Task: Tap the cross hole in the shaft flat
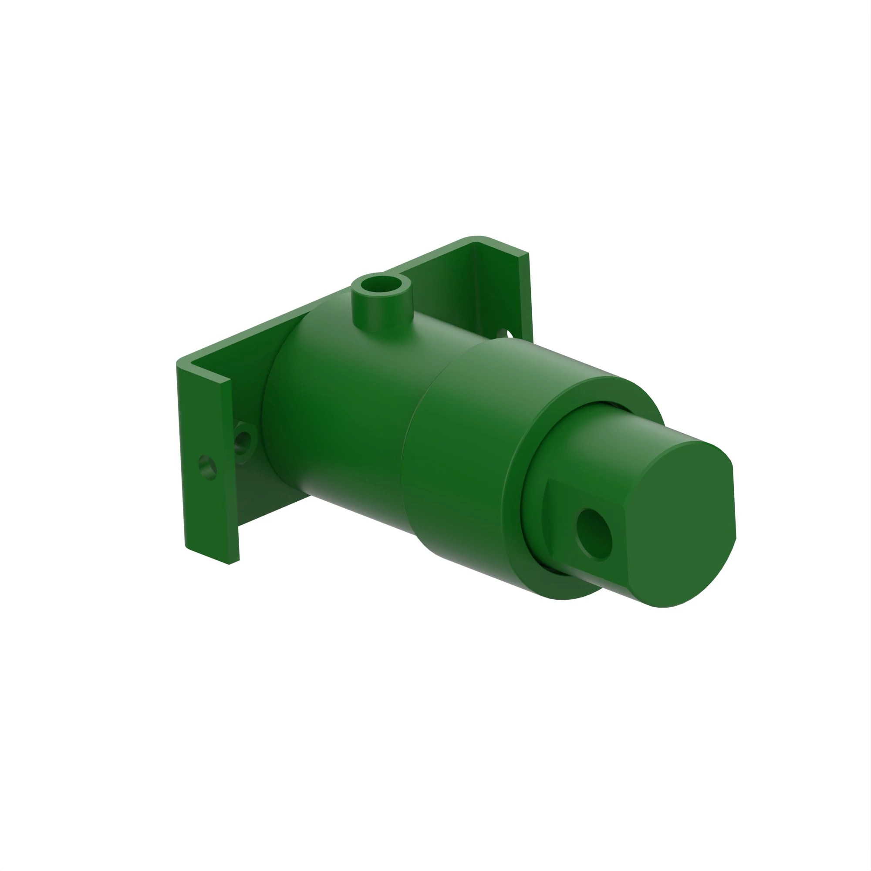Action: (594, 534)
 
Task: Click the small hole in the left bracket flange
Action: (207, 467)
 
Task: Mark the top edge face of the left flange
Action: (205, 371)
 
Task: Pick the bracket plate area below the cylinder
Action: (270, 505)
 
